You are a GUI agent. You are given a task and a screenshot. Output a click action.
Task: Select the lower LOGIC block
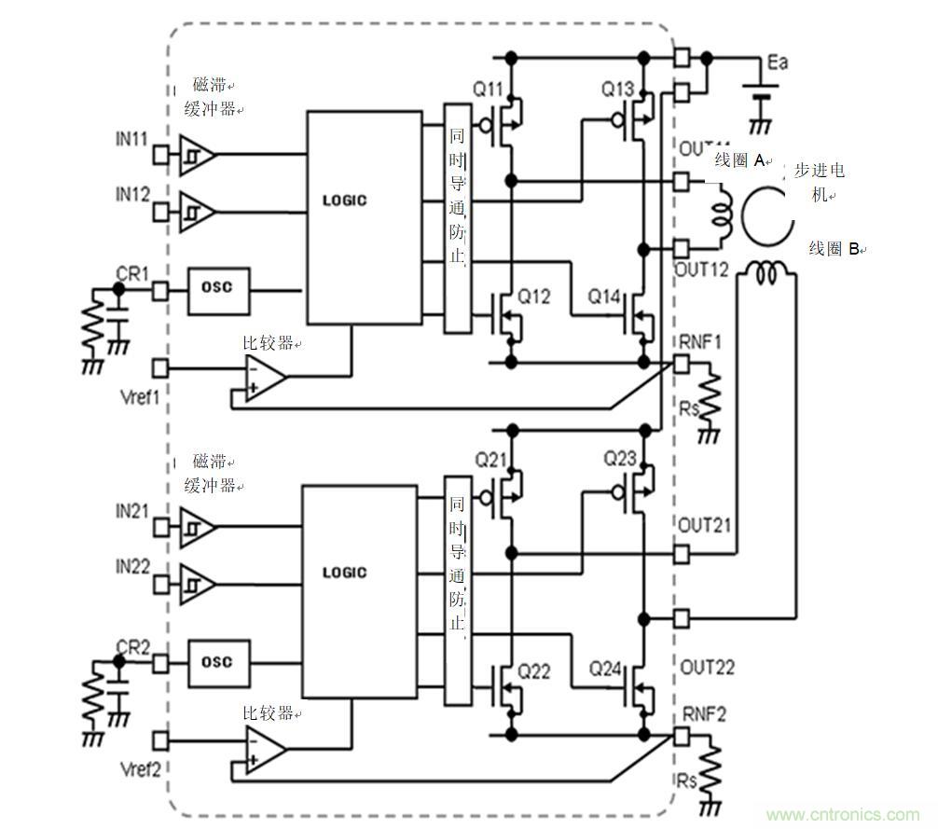coord(358,590)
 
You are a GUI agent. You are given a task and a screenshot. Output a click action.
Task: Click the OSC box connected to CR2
coord(217,661)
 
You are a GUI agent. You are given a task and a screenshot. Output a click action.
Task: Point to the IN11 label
coord(131,139)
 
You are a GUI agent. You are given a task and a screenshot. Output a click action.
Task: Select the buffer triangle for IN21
coord(197,527)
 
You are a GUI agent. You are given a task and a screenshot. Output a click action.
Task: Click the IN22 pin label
coord(131,567)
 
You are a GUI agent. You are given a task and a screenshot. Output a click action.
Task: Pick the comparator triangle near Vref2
coord(264,750)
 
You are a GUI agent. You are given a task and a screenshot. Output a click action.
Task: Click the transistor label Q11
coord(487,90)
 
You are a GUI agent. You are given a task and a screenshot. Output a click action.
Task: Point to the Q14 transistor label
coord(603,297)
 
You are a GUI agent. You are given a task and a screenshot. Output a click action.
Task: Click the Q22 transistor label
coord(534,670)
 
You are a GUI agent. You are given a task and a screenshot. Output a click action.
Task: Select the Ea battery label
coord(778,62)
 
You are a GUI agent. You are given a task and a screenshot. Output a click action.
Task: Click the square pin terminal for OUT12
coord(682,248)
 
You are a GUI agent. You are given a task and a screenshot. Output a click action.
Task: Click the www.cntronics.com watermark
coord(841,814)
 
